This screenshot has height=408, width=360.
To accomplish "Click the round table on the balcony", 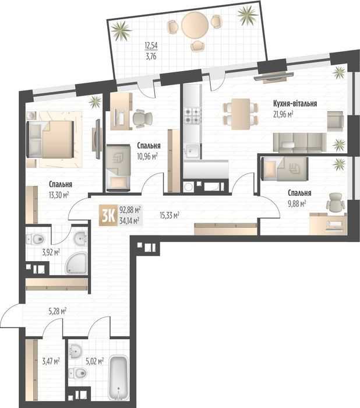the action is click(195, 26).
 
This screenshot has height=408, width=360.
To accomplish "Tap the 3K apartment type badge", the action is click(107, 215).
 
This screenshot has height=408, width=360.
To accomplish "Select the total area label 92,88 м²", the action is click(130, 209).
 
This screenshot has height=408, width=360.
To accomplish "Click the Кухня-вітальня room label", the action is click(295, 103).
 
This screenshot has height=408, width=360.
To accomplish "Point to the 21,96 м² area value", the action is click(283, 114).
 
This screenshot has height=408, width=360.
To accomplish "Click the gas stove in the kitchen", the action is click(193, 116).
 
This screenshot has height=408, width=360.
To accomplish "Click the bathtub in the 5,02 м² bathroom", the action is click(119, 377).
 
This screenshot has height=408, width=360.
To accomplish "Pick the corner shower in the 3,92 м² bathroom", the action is click(76, 263).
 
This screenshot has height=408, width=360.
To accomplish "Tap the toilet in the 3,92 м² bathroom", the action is click(36, 238).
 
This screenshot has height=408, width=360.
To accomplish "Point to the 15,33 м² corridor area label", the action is click(169, 215).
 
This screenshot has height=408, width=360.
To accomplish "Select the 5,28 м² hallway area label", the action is click(58, 311).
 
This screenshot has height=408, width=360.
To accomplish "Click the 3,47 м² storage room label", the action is click(51, 361).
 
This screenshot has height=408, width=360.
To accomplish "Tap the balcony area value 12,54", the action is click(151, 45).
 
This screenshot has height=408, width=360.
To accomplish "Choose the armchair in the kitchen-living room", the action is click(336, 121).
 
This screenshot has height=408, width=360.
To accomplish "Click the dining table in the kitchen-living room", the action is click(241, 114).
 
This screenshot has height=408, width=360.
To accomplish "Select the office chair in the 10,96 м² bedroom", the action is click(142, 118).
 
